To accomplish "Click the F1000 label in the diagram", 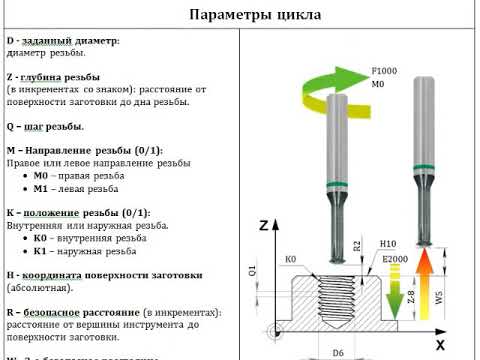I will pyautogui.click(x=385, y=72).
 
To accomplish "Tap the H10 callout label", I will pyautogui.click(x=389, y=243).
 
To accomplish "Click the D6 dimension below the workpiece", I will pyautogui.click(x=337, y=352).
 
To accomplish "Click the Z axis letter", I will pyautogui.click(x=263, y=225).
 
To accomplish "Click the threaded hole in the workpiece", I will pyautogui.click(x=337, y=300).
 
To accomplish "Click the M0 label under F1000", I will pyautogui.click(x=378, y=86).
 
